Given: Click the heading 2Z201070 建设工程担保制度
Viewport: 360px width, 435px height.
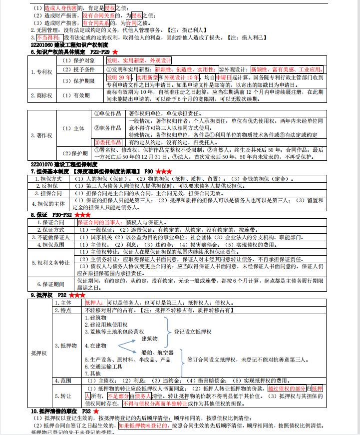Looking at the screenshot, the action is pyautogui.click(x=64, y=164).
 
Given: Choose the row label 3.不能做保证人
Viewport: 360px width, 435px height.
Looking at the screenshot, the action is pyautogui.click(x=50, y=237).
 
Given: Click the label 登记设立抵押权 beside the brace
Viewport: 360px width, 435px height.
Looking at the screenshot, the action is pyautogui.click(x=193, y=332).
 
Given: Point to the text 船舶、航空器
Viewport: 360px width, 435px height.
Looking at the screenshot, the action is pyautogui.click(x=158, y=352).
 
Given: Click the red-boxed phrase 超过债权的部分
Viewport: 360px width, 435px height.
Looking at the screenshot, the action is pyautogui.click(x=287, y=389).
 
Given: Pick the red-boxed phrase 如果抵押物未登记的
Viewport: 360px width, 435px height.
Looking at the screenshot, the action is pyautogui.click(x=144, y=426).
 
